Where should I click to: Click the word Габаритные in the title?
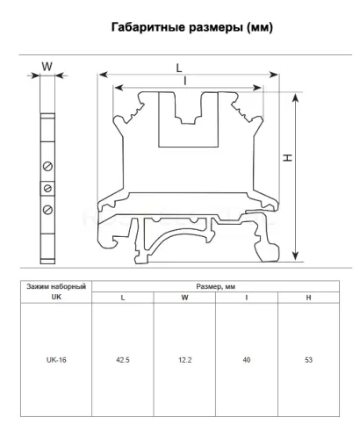point(148,27)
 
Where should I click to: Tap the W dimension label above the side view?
point(47,67)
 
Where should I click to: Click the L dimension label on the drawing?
point(179,68)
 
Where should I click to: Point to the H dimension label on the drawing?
point(288,158)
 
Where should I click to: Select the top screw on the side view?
point(47,166)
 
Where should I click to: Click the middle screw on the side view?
point(47,188)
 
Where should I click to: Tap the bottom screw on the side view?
point(47,210)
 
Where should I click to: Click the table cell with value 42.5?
point(123,360)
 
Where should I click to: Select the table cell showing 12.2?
point(184,360)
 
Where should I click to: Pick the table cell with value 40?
point(247,360)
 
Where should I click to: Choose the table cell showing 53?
point(308,360)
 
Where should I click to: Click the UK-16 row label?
point(56,360)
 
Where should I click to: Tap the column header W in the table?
point(184,298)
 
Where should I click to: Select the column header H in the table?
point(308,298)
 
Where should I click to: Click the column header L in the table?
point(123,298)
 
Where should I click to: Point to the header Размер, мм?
point(216,286)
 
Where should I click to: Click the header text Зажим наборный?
point(56,286)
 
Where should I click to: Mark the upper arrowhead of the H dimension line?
point(296,97)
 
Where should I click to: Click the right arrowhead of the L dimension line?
point(273,75)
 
